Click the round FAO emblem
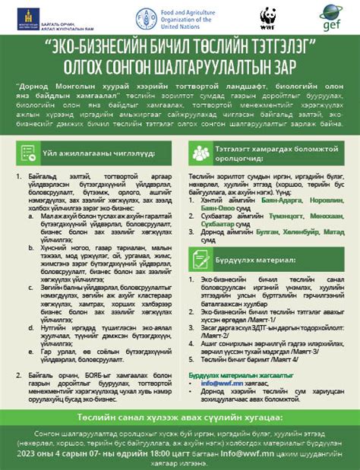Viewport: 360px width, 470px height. [x=143, y=17]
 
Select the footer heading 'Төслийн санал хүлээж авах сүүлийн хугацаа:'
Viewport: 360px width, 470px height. [x=180, y=418]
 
